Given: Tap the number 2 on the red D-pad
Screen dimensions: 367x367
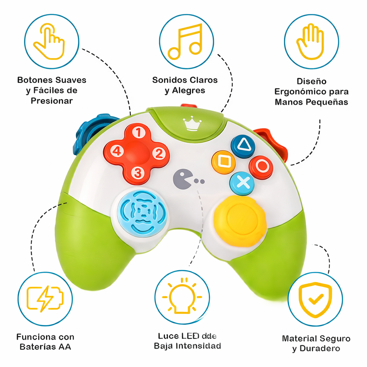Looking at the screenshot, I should (158, 153).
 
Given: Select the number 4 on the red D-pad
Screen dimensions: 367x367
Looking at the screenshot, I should (116, 151).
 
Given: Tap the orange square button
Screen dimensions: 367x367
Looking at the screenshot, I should (224, 162).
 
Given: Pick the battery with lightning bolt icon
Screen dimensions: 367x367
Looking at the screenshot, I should (45, 299).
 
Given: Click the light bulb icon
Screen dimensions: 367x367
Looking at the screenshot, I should (182, 297).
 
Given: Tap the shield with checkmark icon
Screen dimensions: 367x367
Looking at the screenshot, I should (315, 299).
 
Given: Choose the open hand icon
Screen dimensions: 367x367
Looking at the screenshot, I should (311, 42).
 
